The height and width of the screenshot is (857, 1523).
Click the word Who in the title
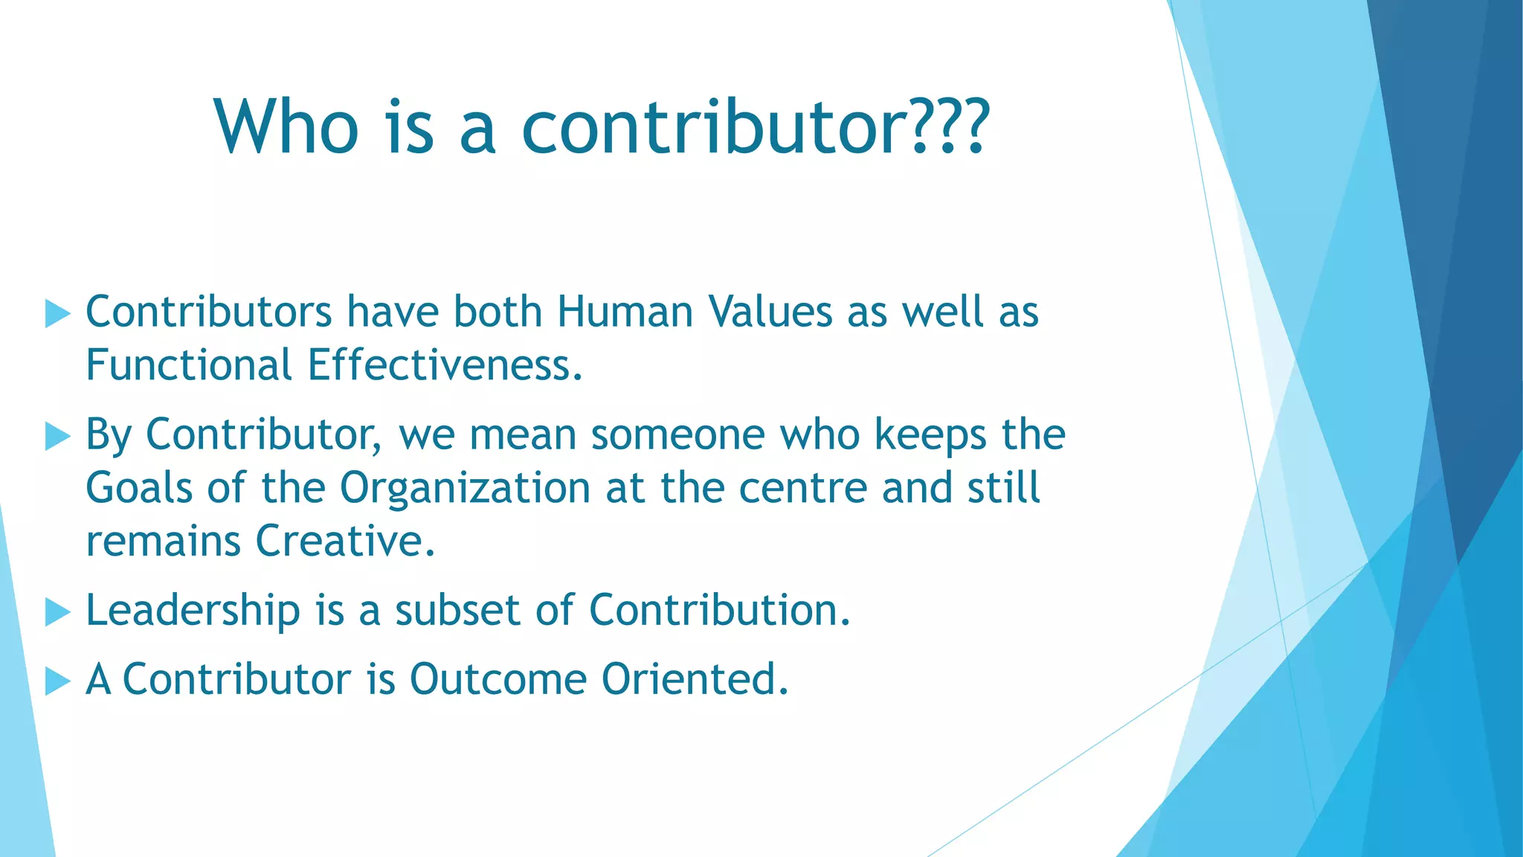pos(287,127)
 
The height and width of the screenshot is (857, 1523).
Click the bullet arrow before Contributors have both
pos(57,313)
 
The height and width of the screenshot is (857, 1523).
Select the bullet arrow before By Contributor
pos(57,436)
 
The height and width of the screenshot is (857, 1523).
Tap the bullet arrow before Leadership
pos(57,612)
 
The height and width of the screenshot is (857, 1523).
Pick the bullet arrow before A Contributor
pos(57,681)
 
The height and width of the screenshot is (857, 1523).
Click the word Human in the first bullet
pos(625,312)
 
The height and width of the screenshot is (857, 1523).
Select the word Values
pos(770,312)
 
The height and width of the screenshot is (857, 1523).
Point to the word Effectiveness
pos(444,365)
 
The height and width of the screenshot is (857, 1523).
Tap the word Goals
pos(139,489)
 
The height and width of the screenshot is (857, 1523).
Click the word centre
pos(803,489)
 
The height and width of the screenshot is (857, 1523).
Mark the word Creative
pos(344,542)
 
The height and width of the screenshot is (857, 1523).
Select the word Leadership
pos(193,612)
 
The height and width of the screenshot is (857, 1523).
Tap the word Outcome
pos(498,679)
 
